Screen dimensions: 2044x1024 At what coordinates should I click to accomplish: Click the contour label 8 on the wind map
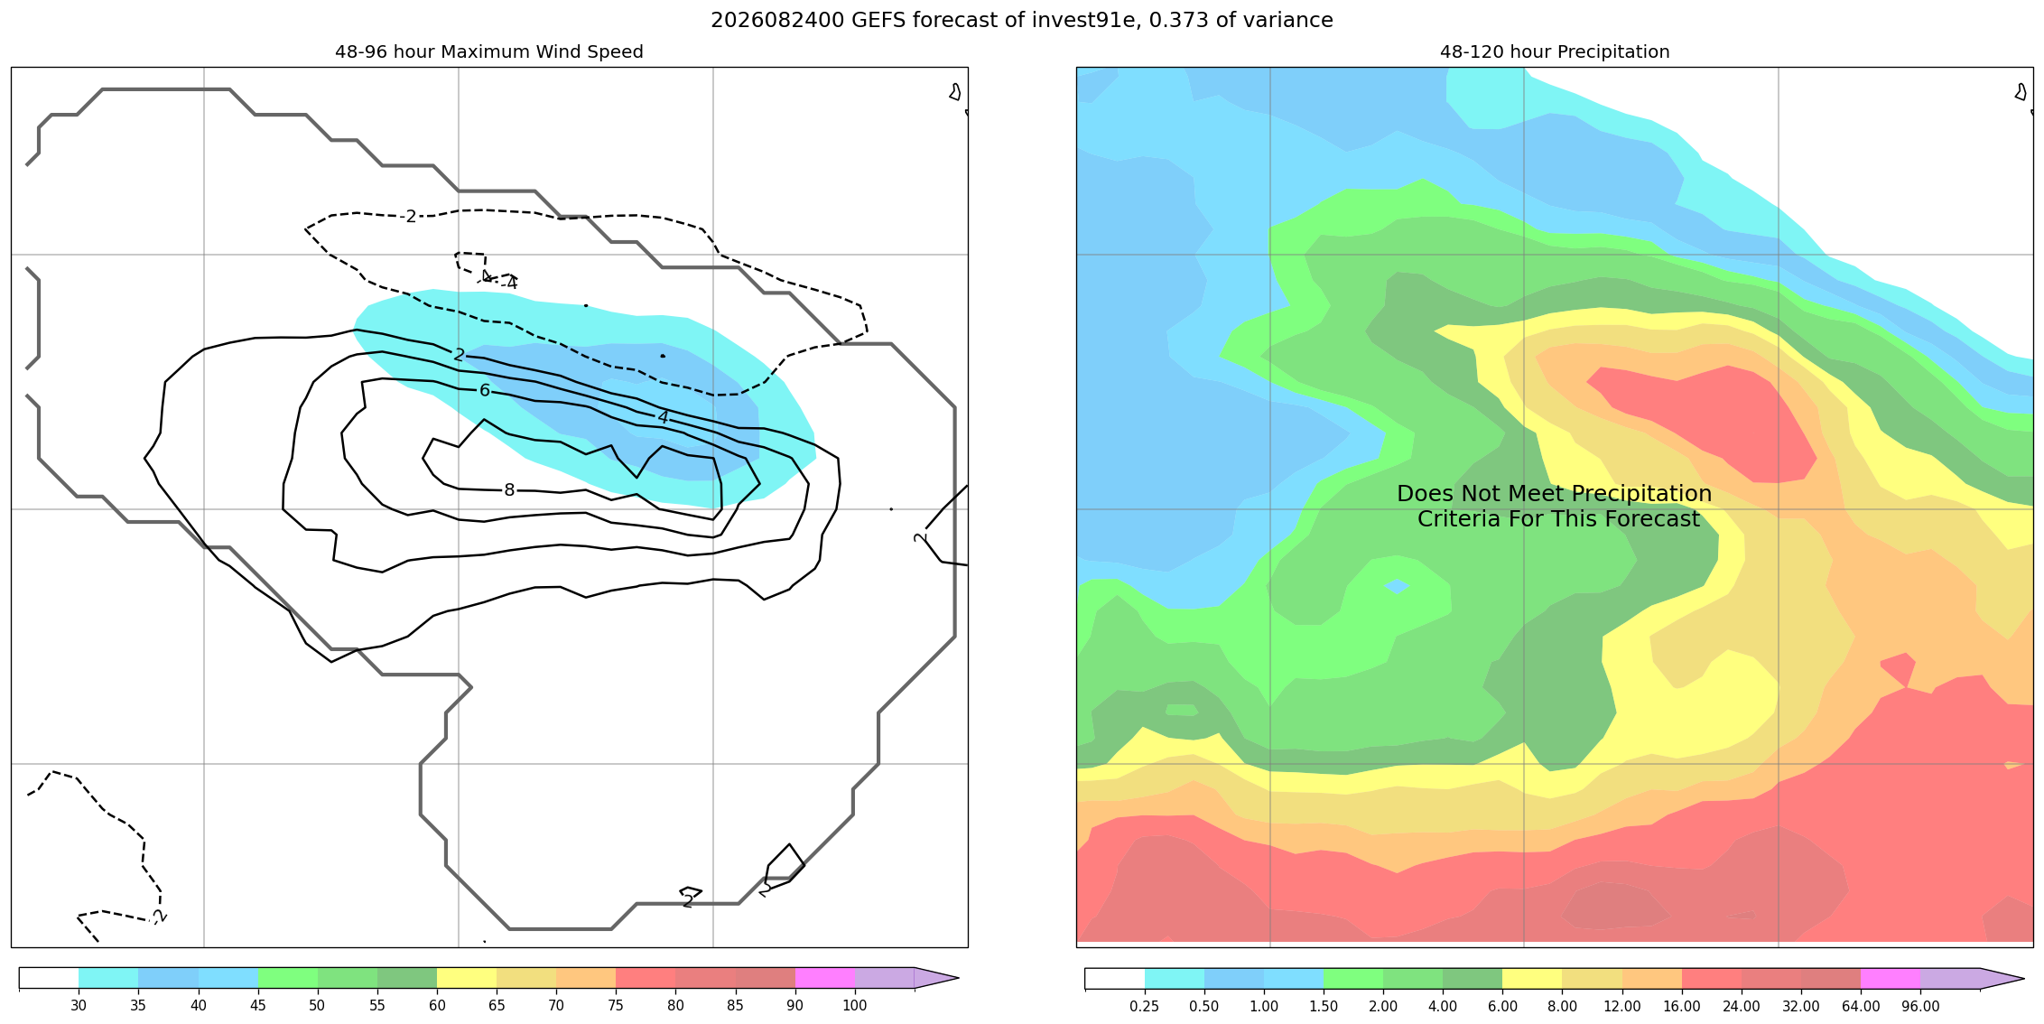click(509, 490)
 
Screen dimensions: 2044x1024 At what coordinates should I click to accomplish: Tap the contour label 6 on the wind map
click(485, 391)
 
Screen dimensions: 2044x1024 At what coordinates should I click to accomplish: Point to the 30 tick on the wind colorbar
click(79, 1006)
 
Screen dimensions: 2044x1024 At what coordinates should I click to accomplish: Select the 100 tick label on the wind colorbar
click(855, 1006)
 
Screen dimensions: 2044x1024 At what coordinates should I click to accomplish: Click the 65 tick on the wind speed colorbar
click(497, 1006)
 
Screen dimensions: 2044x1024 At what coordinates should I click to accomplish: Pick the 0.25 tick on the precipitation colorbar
click(1144, 1006)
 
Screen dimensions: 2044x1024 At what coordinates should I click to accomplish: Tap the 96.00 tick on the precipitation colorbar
click(1920, 1006)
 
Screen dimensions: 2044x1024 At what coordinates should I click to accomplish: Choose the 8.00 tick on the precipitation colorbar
click(1562, 1006)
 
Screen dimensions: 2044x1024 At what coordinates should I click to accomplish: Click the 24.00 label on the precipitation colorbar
click(1742, 1006)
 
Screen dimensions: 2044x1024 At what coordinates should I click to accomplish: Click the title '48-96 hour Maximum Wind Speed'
click(489, 51)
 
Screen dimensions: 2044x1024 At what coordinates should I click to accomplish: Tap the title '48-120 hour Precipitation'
click(1555, 51)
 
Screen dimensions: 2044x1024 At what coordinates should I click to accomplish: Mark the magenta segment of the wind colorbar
click(825, 978)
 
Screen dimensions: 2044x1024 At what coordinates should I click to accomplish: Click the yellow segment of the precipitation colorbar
click(1532, 978)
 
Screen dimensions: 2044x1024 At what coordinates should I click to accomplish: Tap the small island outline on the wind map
click(955, 91)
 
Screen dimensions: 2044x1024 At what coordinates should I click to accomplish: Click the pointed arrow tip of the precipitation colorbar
click(2023, 978)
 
